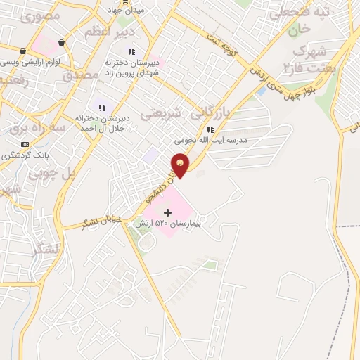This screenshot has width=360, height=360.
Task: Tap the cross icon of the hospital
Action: pos(167,212)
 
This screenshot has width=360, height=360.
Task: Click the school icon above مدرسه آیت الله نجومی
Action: pos(210,129)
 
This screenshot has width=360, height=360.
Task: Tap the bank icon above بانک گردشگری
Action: pos(25,143)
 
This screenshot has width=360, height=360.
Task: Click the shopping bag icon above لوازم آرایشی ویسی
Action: pos(23,51)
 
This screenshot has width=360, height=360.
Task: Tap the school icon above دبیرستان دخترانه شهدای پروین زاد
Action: pos(131,51)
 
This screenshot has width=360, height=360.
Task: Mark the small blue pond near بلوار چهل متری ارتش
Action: pos(262,91)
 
